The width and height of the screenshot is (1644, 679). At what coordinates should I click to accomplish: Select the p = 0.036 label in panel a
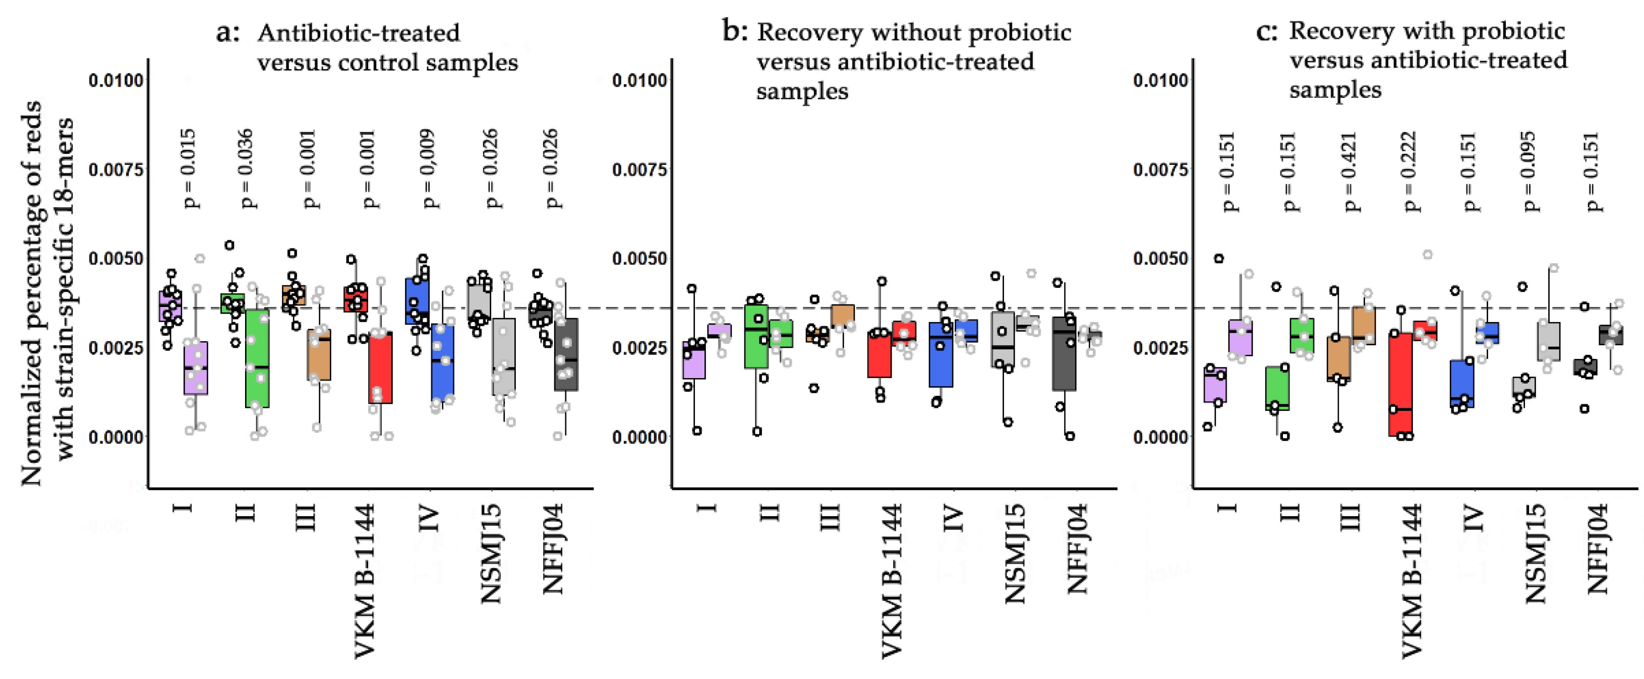pyautogui.click(x=247, y=168)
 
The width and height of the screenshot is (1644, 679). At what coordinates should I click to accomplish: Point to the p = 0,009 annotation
pyautogui.click(x=431, y=168)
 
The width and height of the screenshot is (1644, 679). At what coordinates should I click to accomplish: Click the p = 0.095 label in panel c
pyautogui.click(x=1529, y=171)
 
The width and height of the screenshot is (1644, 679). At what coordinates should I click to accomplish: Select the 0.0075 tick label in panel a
pyautogui.click(x=116, y=170)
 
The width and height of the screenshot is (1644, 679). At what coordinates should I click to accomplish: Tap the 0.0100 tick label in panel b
pyautogui.click(x=639, y=81)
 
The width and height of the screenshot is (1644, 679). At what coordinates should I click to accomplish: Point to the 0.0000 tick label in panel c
pyautogui.click(x=1160, y=437)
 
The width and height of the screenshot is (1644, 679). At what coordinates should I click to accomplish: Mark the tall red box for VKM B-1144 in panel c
pyautogui.click(x=1401, y=383)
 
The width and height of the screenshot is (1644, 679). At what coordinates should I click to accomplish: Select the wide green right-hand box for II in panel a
pyautogui.click(x=258, y=358)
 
